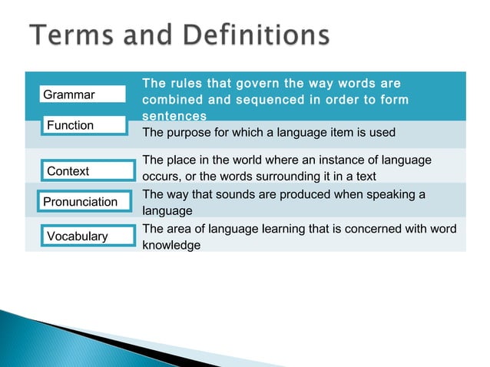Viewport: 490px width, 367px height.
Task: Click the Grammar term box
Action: pos(82,94)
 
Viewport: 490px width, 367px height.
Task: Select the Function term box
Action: pos(82,124)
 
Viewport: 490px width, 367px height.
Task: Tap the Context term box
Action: pos(82,170)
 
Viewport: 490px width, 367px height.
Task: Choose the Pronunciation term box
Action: pos(82,201)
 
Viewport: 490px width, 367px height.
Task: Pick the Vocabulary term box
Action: pos(82,236)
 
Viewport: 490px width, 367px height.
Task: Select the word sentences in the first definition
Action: pos(174,117)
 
